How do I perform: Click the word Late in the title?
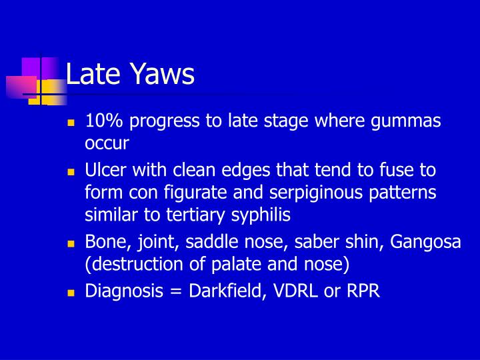[91, 74]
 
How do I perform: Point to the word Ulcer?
[105, 170]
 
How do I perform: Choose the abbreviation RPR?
[363, 291]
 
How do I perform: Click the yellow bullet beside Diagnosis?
[70, 293]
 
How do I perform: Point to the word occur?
[107, 143]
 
